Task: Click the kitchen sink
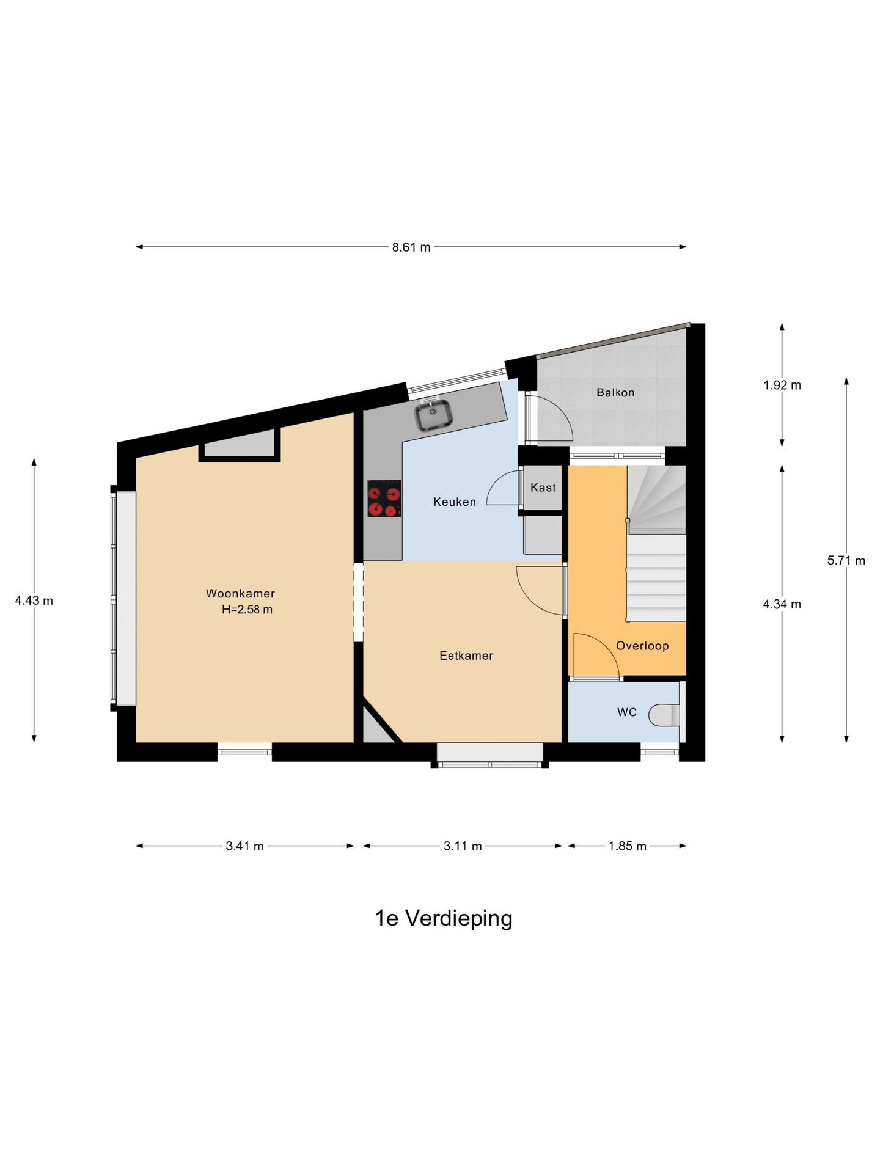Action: pyautogui.click(x=434, y=414)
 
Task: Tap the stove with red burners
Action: pyautogui.click(x=384, y=499)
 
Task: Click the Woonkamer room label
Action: pyautogui.click(x=240, y=593)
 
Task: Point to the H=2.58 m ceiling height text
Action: pyautogui.click(x=247, y=609)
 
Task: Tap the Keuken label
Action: pyautogui.click(x=455, y=502)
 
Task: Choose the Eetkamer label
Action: pyautogui.click(x=466, y=656)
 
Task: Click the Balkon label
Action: pyautogui.click(x=615, y=392)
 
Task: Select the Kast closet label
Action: pyautogui.click(x=543, y=487)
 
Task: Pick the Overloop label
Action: pyautogui.click(x=642, y=646)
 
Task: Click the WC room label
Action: pyautogui.click(x=627, y=712)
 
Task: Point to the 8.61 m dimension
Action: pyautogui.click(x=411, y=247)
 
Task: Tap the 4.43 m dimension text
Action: pyautogui.click(x=34, y=601)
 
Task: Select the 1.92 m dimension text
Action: pyautogui.click(x=782, y=385)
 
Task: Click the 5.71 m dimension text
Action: pyautogui.click(x=846, y=560)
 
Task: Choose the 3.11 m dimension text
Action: pyautogui.click(x=463, y=846)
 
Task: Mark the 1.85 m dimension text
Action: pyautogui.click(x=628, y=846)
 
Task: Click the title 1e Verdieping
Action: pyautogui.click(x=444, y=918)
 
